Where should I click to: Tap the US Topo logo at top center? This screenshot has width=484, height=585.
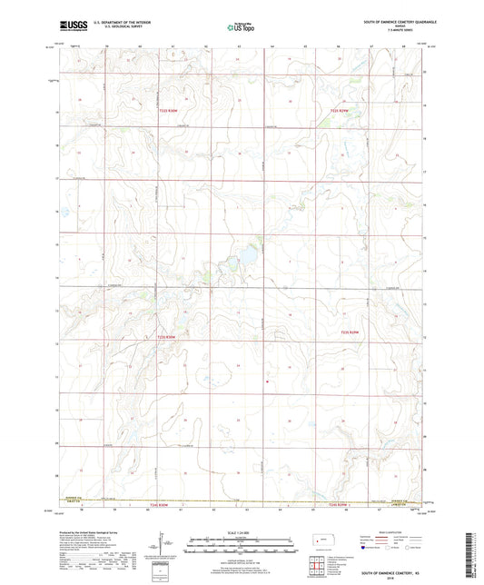[241, 27]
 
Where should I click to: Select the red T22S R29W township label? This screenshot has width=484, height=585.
[339, 110]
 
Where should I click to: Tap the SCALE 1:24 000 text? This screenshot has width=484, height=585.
[242, 531]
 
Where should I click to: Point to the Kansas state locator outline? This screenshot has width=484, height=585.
[323, 542]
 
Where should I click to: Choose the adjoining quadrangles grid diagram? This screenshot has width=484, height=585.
[317, 569]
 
